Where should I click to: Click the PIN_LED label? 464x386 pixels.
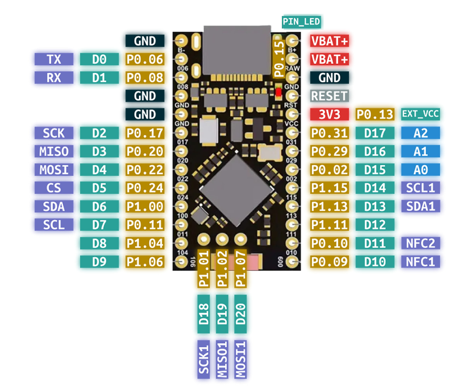point(302,22)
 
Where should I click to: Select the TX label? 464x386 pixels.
point(54,59)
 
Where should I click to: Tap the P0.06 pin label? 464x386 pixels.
point(145,59)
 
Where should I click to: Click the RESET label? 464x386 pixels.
point(329,96)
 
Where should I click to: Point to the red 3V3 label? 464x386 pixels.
point(329,114)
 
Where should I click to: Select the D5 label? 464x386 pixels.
point(99,188)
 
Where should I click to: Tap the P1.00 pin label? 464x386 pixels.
point(145,207)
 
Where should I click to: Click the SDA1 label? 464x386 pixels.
point(421,206)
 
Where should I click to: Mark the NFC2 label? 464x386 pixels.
point(421,243)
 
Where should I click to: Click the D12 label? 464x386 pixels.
point(375,225)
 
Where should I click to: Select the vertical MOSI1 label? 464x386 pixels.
point(241,359)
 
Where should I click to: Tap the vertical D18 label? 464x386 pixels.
point(204,314)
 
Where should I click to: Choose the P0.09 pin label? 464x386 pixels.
point(329,262)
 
